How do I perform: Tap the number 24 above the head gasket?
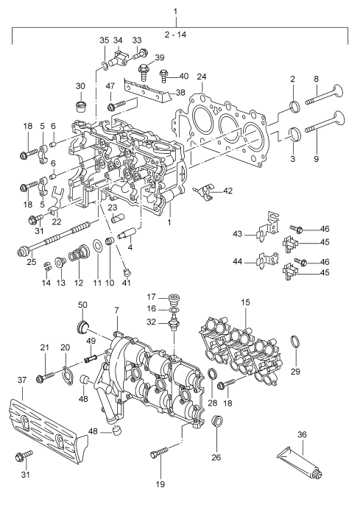pos(201,76)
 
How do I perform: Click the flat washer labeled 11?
pos(97,245)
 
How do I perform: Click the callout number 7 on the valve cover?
pos(116,312)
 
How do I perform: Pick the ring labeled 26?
pos(217,422)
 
